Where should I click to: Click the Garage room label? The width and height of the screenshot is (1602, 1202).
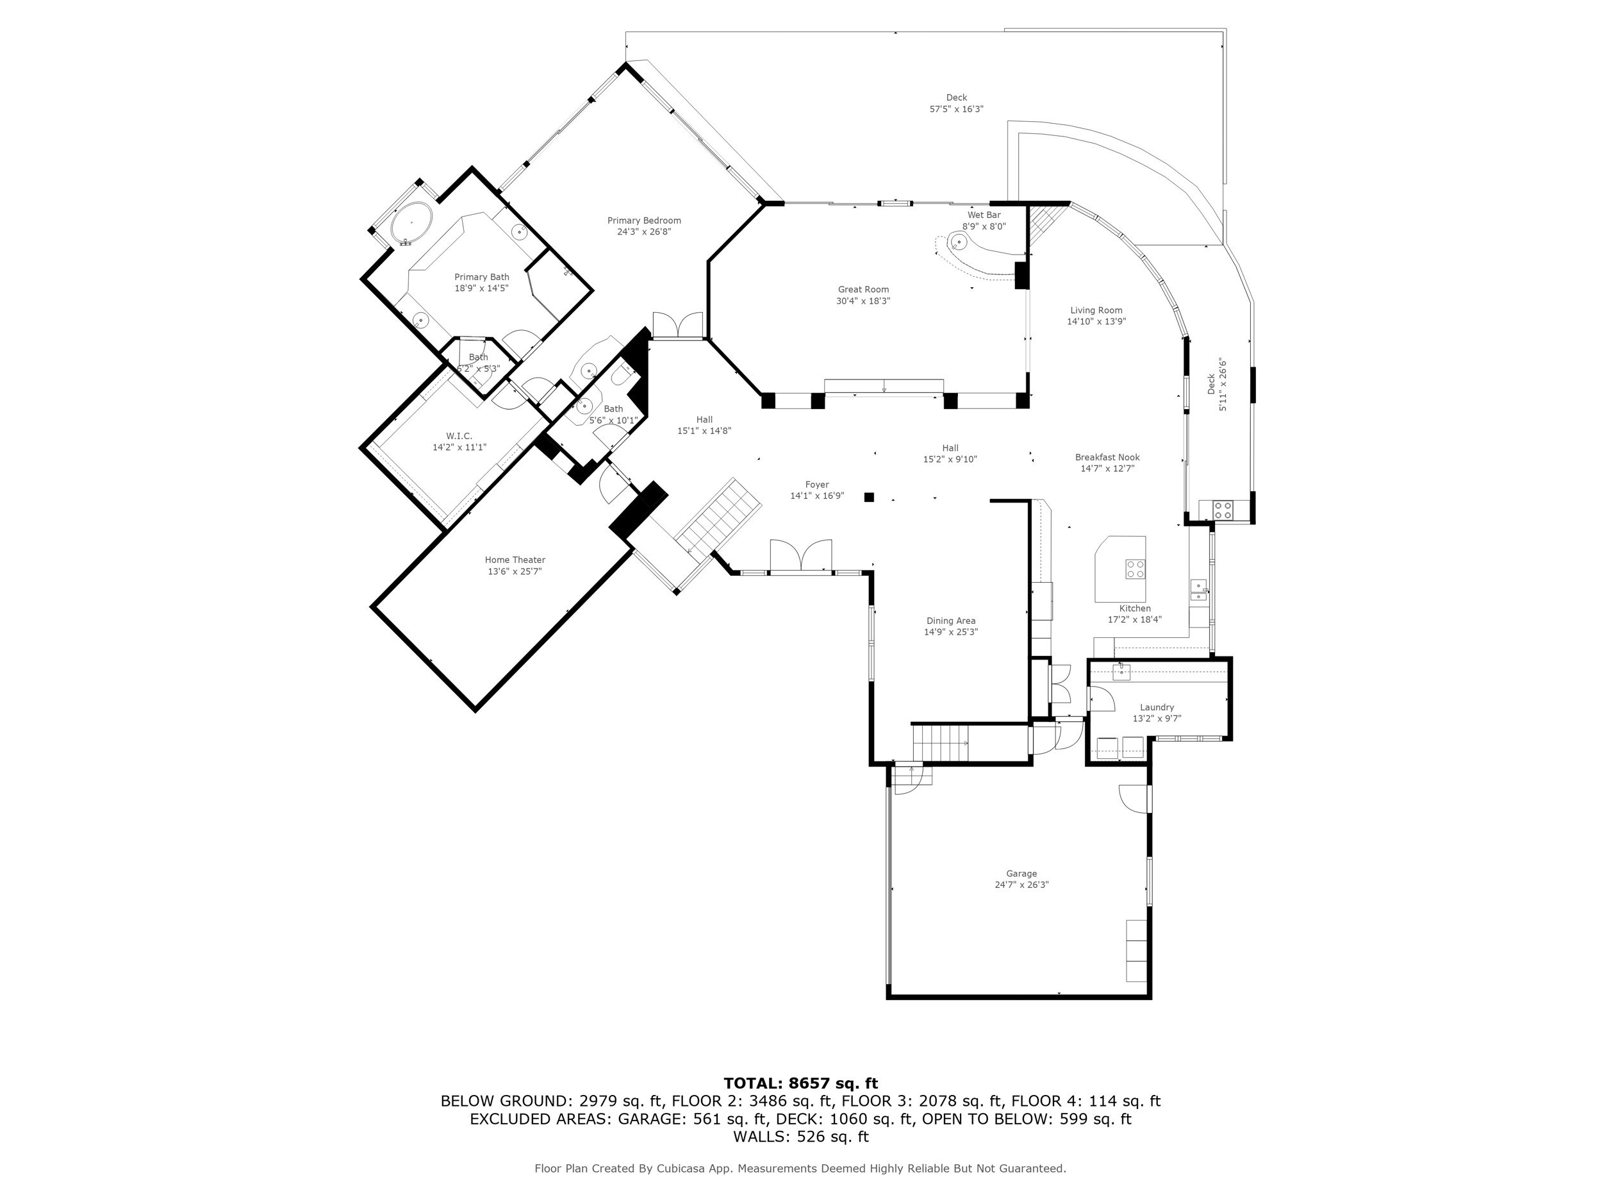[x=1021, y=874]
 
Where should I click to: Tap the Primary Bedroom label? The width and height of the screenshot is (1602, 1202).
[x=644, y=221]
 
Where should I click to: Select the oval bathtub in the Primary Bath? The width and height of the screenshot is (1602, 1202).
[x=411, y=222]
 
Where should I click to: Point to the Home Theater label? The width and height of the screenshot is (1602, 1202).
[x=515, y=560]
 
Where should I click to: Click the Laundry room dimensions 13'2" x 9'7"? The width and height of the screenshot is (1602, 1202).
[x=1157, y=719]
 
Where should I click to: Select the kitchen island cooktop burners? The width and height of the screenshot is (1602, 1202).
[x=1135, y=569]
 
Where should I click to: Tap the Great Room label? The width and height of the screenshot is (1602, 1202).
[x=863, y=289]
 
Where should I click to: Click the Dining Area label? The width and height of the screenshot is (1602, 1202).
[x=950, y=621]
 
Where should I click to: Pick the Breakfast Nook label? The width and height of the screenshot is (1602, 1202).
[x=1107, y=457]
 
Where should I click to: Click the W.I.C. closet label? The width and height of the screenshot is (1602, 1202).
[x=459, y=435]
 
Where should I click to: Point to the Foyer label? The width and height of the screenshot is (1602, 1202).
[x=817, y=485]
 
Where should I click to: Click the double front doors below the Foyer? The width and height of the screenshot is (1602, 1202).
[x=800, y=556]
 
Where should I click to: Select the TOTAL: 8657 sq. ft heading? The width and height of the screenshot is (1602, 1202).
[x=800, y=1083]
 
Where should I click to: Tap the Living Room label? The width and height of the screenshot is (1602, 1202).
[x=1096, y=310]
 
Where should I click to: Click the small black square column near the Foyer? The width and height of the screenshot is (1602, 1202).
[x=869, y=497]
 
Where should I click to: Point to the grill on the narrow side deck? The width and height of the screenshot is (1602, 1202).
[x=1223, y=510]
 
